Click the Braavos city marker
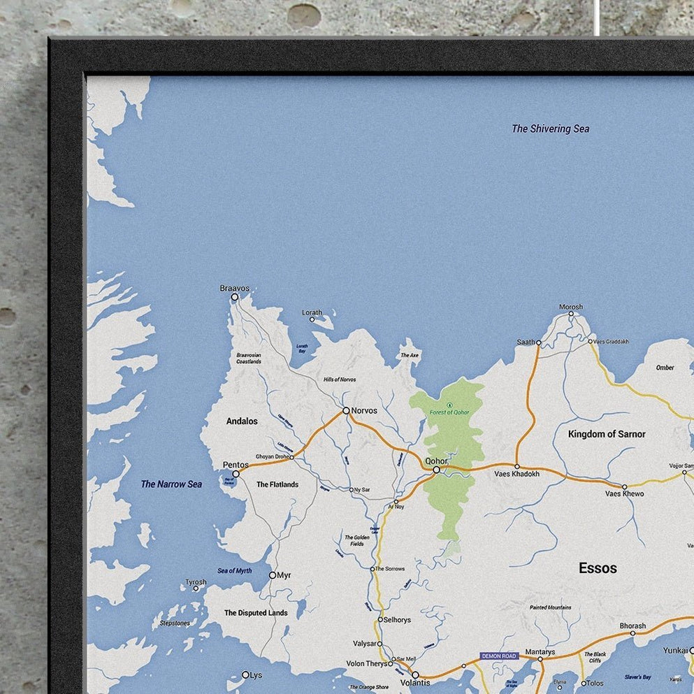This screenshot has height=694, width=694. [235, 297]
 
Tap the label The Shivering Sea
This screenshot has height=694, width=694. [550, 129]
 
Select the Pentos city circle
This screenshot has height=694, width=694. [236, 474]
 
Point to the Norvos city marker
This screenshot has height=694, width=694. [345, 410]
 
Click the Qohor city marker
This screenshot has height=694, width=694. [436, 470]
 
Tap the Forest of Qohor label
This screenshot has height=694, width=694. [449, 412]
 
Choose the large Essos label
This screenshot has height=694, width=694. [598, 568]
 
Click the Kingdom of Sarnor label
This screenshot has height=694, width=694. [607, 434]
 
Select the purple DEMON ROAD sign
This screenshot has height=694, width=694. [499, 656]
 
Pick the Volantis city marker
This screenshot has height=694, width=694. [414, 675]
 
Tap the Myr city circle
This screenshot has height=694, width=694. [273, 575]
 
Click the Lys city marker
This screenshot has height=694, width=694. [245, 674]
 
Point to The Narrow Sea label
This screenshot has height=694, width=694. [171, 484]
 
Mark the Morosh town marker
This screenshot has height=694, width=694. [571, 314]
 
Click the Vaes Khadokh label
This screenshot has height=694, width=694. [516, 474]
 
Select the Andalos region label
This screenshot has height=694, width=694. [242, 421]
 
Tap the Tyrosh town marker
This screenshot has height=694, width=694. [196, 588]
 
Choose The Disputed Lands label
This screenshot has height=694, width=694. [256, 613]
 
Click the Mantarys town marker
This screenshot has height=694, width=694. [540, 659]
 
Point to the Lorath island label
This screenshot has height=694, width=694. [312, 312]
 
